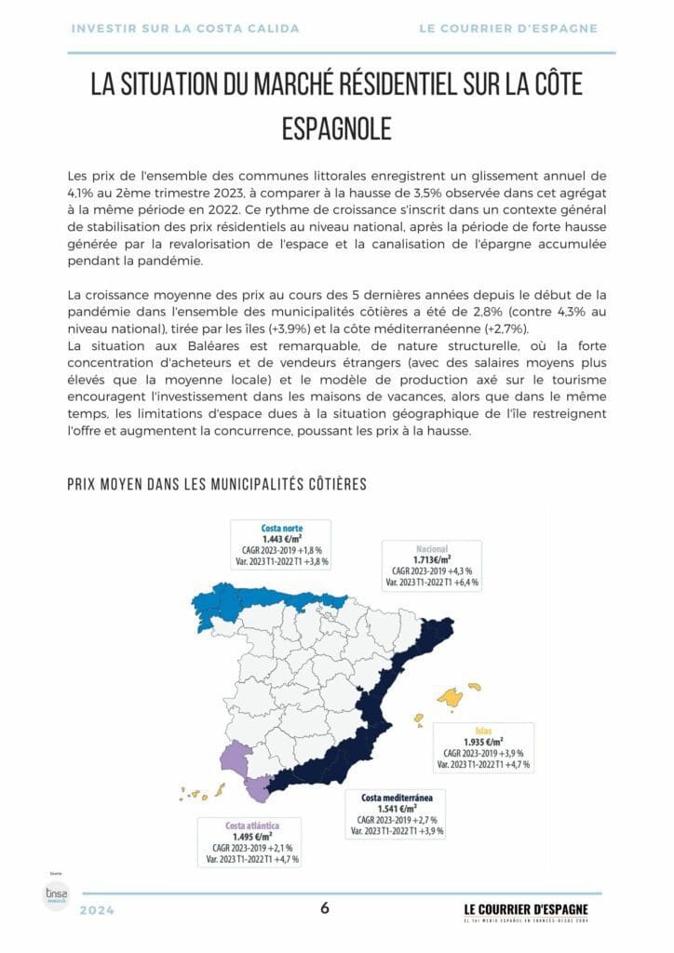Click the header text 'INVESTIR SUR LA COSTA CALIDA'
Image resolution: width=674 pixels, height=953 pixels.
coord(185,29)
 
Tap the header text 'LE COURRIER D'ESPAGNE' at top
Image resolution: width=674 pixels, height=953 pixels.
coord(508,29)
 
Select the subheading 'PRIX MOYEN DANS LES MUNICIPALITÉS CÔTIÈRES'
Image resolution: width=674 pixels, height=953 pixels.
coord(217,484)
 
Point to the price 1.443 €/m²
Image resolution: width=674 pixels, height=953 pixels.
coord(282,540)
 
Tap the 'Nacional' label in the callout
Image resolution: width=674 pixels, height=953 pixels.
coord(434,548)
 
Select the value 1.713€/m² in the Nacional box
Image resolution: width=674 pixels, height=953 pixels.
coord(434,559)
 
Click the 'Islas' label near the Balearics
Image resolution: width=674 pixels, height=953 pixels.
coord(483,730)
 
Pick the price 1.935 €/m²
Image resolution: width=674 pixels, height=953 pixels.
coord(483,742)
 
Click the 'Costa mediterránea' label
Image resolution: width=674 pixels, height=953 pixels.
coord(398,798)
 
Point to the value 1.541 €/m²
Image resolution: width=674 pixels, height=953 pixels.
coord(398,809)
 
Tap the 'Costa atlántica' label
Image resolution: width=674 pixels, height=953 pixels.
coord(250,825)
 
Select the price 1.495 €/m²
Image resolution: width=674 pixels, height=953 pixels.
coord(250,836)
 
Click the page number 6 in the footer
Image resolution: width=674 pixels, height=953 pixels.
coord(325,908)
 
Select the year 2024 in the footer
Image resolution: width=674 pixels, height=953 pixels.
coord(98,911)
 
